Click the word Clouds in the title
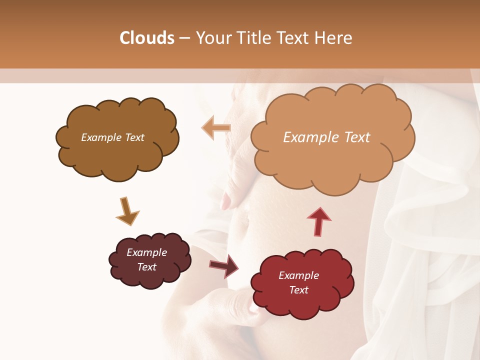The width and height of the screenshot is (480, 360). pyautogui.click(x=147, y=38)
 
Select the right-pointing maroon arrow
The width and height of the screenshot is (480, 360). pyautogui.click(x=224, y=265)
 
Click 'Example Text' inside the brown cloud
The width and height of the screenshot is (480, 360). pyautogui.click(x=112, y=137)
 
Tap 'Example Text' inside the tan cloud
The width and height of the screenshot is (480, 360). pyautogui.click(x=326, y=137)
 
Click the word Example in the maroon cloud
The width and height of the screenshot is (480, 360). pyautogui.click(x=146, y=252)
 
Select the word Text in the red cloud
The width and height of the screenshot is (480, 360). pyautogui.click(x=298, y=290)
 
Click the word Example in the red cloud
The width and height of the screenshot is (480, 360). pyautogui.click(x=298, y=275)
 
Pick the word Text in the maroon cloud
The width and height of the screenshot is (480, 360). pyautogui.click(x=146, y=267)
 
